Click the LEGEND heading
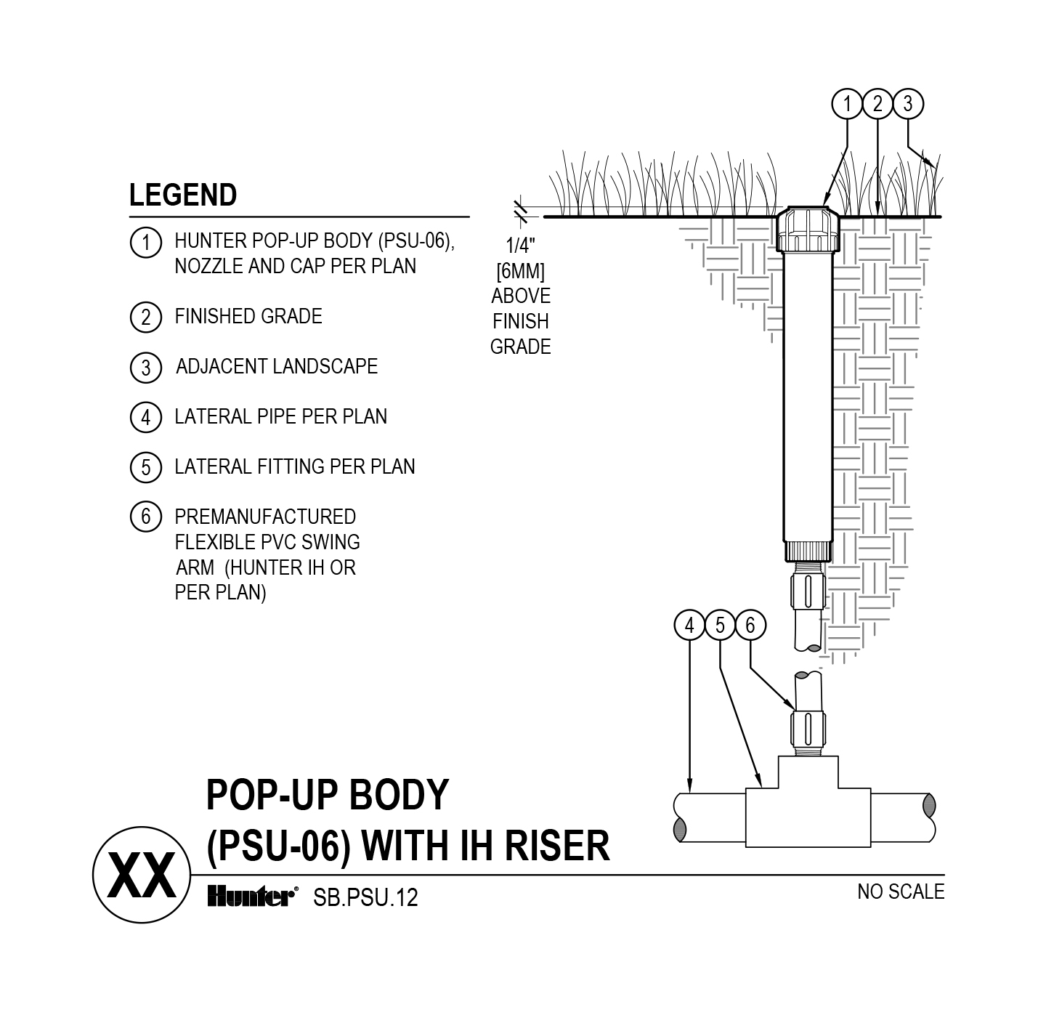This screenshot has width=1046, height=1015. (x=183, y=195)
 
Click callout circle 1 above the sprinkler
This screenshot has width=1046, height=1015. (x=846, y=104)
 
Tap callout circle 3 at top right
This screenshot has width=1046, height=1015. (x=907, y=104)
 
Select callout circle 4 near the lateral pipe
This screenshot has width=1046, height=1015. (x=689, y=625)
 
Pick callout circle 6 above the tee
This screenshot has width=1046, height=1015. (x=750, y=625)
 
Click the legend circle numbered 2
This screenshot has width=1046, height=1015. (x=145, y=318)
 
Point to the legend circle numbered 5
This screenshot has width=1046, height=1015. (x=145, y=467)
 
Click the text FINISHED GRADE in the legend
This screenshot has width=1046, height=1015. (x=248, y=317)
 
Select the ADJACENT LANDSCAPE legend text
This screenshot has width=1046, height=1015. (x=277, y=366)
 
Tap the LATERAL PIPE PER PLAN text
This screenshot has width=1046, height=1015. (x=281, y=416)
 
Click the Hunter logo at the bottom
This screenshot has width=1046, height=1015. (x=252, y=897)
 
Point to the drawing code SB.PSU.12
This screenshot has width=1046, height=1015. (x=365, y=898)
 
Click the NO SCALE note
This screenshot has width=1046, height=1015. (x=901, y=891)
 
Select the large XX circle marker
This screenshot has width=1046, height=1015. (x=141, y=876)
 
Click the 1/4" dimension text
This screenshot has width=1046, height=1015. (x=520, y=246)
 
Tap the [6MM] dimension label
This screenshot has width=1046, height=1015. (x=520, y=271)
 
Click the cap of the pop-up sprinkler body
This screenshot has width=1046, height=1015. (x=807, y=227)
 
